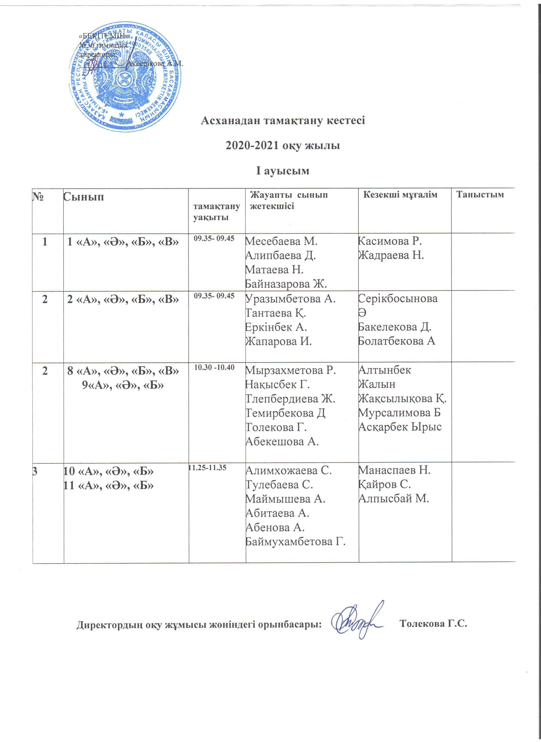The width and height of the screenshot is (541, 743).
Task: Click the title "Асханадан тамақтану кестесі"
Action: point(283,120)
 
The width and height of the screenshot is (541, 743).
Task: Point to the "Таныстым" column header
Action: point(480,195)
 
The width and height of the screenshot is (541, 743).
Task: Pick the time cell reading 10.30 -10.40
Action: point(214,367)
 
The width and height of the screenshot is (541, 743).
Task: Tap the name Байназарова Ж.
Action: point(286,284)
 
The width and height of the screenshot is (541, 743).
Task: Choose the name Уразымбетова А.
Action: point(291,299)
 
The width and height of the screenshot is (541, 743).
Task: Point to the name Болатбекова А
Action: point(396,341)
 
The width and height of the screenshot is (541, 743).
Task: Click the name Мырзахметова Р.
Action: point(291,370)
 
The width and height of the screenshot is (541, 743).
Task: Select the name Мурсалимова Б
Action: point(399,412)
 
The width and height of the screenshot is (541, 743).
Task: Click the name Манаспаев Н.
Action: point(394,471)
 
